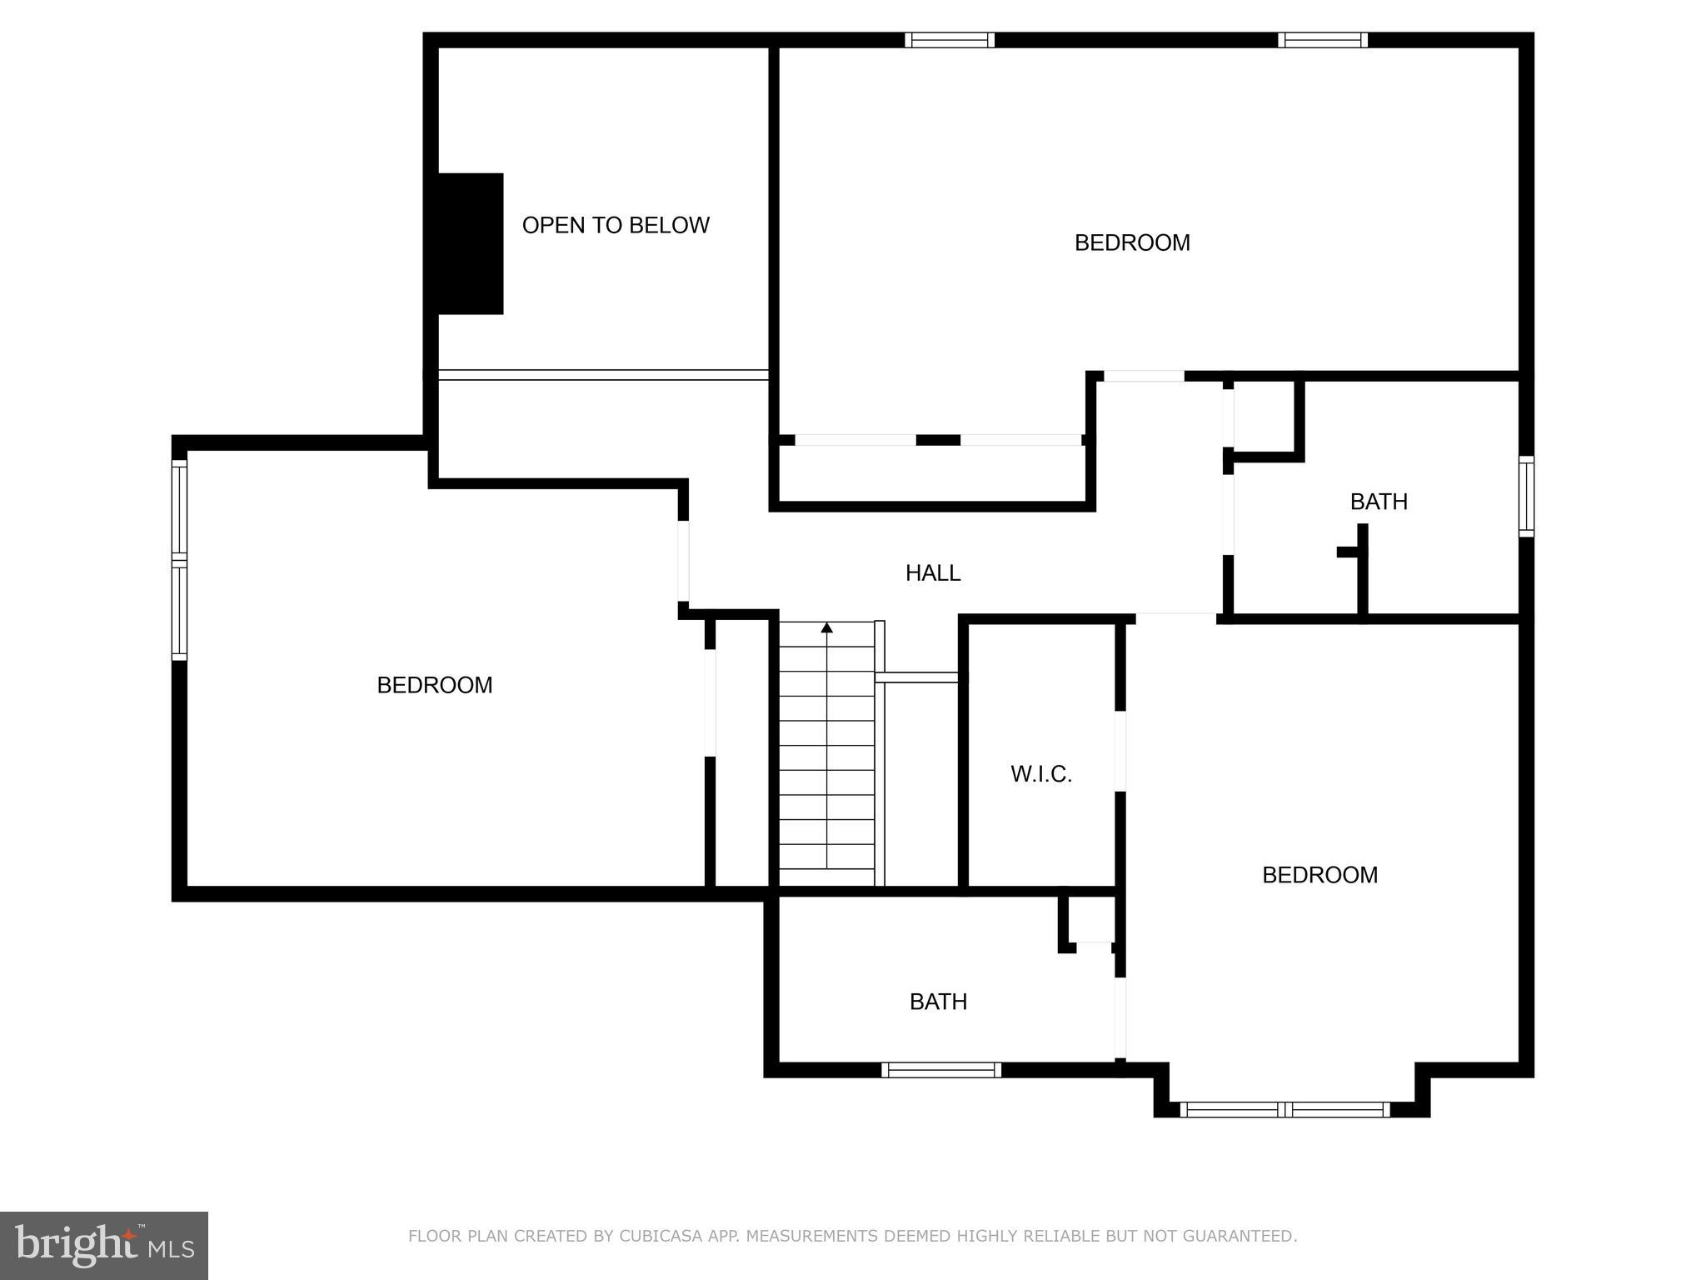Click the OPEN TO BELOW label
pyautogui.click(x=616, y=225)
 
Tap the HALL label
pyautogui.click(x=933, y=572)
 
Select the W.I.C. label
pyautogui.click(x=1041, y=774)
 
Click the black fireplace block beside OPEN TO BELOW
pyautogui.click(x=471, y=243)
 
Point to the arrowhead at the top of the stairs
pyautogui.click(x=826, y=627)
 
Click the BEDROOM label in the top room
pyautogui.click(x=1132, y=242)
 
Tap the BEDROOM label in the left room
pyautogui.click(x=435, y=685)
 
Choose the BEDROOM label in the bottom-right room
pyautogui.click(x=1319, y=875)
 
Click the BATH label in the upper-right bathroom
pyautogui.click(x=1379, y=502)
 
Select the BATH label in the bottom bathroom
pyautogui.click(x=938, y=1002)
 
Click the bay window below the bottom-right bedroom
pyautogui.click(x=1284, y=1109)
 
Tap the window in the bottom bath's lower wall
pyautogui.click(x=941, y=1070)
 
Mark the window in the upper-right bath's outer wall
pyautogui.click(x=1526, y=496)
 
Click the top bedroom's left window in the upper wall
pyautogui.click(x=950, y=40)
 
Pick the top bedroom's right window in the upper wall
pyautogui.click(x=1323, y=40)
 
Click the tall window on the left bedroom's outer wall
pyautogui.click(x=179, y=560)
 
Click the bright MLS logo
pyautogui.click(x=104, y=1245)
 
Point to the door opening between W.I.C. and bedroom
pyautogui.click(x=1120, y=751)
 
